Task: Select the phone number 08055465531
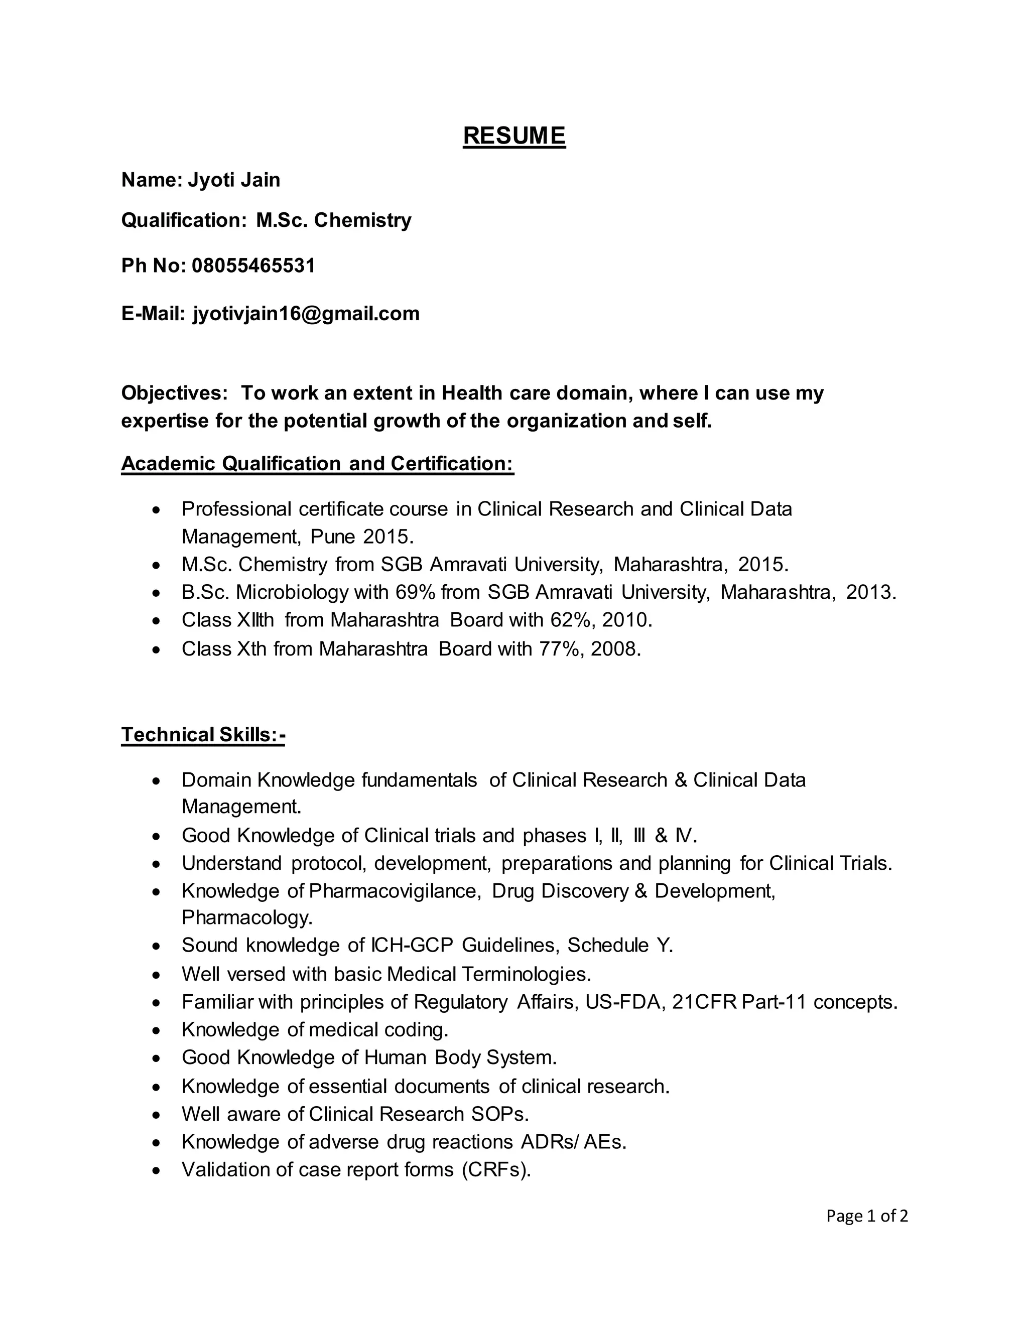click(x=253, y=266)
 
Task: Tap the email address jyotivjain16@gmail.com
click(x=306, y=314)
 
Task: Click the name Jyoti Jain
click(x=234, y=180)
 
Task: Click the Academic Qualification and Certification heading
click(x=317, y=464)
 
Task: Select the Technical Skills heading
click(x=203, y=735)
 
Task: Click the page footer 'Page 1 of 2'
click(x=866, y=1216)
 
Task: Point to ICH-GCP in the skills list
click(x=412, y=945)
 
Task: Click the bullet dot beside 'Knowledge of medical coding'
click(x=157, y=1030)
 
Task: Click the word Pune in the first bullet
click(x=333, y=537)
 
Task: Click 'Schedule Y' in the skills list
click(x=619, y=945)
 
